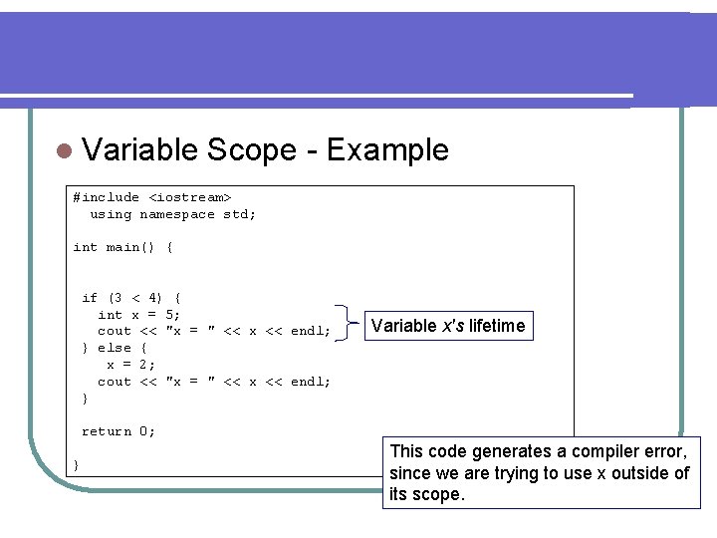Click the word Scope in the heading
coord(252,150)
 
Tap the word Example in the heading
coord(387,150)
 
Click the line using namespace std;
coord(172,214)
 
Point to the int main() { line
coord(122,247)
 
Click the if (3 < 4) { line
coord(130,297)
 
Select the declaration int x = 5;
coord(138,314)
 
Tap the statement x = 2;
coord(130,364)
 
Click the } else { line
coord(115,348)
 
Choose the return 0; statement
coord(118,431)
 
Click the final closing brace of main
coord(77,465)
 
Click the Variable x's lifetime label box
coord(447,326)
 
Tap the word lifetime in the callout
coord(493,326)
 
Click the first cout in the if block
coord(114,331)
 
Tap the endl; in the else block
coord(310,382)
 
